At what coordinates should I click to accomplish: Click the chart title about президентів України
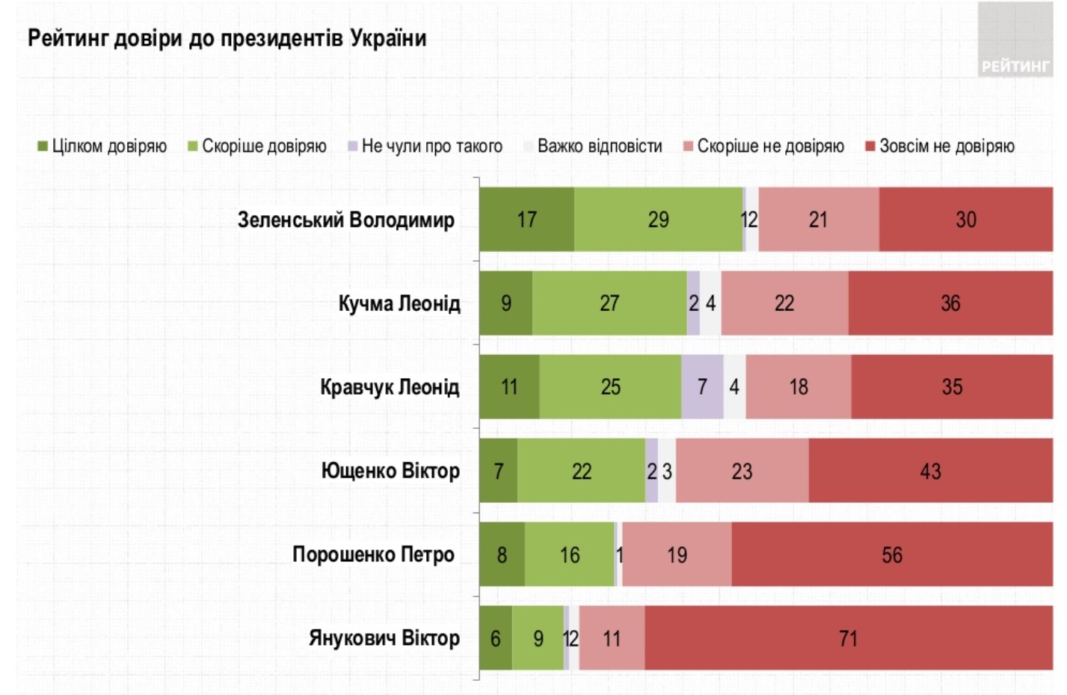(227, 38)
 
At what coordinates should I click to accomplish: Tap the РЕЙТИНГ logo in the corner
(1015, 66)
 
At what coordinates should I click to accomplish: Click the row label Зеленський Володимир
(345, 220)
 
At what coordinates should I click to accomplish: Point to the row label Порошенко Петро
(373, 555)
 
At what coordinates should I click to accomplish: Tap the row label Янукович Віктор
(384, 638)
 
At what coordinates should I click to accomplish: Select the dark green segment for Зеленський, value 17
(526, 220)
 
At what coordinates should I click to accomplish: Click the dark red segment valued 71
(848, 638)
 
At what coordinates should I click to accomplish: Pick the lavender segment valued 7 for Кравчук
(702, 387)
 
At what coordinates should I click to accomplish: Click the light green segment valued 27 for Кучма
(609, 303)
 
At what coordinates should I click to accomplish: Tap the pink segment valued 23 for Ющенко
(742, 471)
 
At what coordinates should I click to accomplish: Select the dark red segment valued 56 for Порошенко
(891, 555)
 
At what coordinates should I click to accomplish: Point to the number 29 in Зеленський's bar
(658, 220)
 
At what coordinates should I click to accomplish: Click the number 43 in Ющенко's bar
(930, 471)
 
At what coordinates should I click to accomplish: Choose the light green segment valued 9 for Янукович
(538, 638)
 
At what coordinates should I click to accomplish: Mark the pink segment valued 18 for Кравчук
(798, 387)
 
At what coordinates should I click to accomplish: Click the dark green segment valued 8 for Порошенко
(502, 555)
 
